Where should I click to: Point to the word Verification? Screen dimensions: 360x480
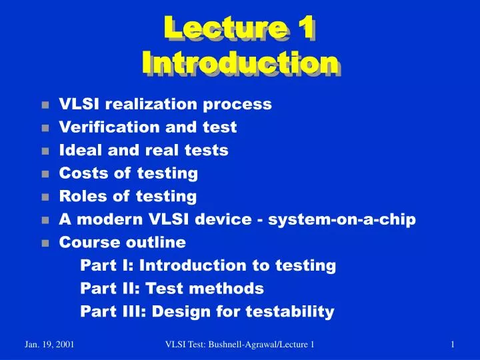tap(97, 127)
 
